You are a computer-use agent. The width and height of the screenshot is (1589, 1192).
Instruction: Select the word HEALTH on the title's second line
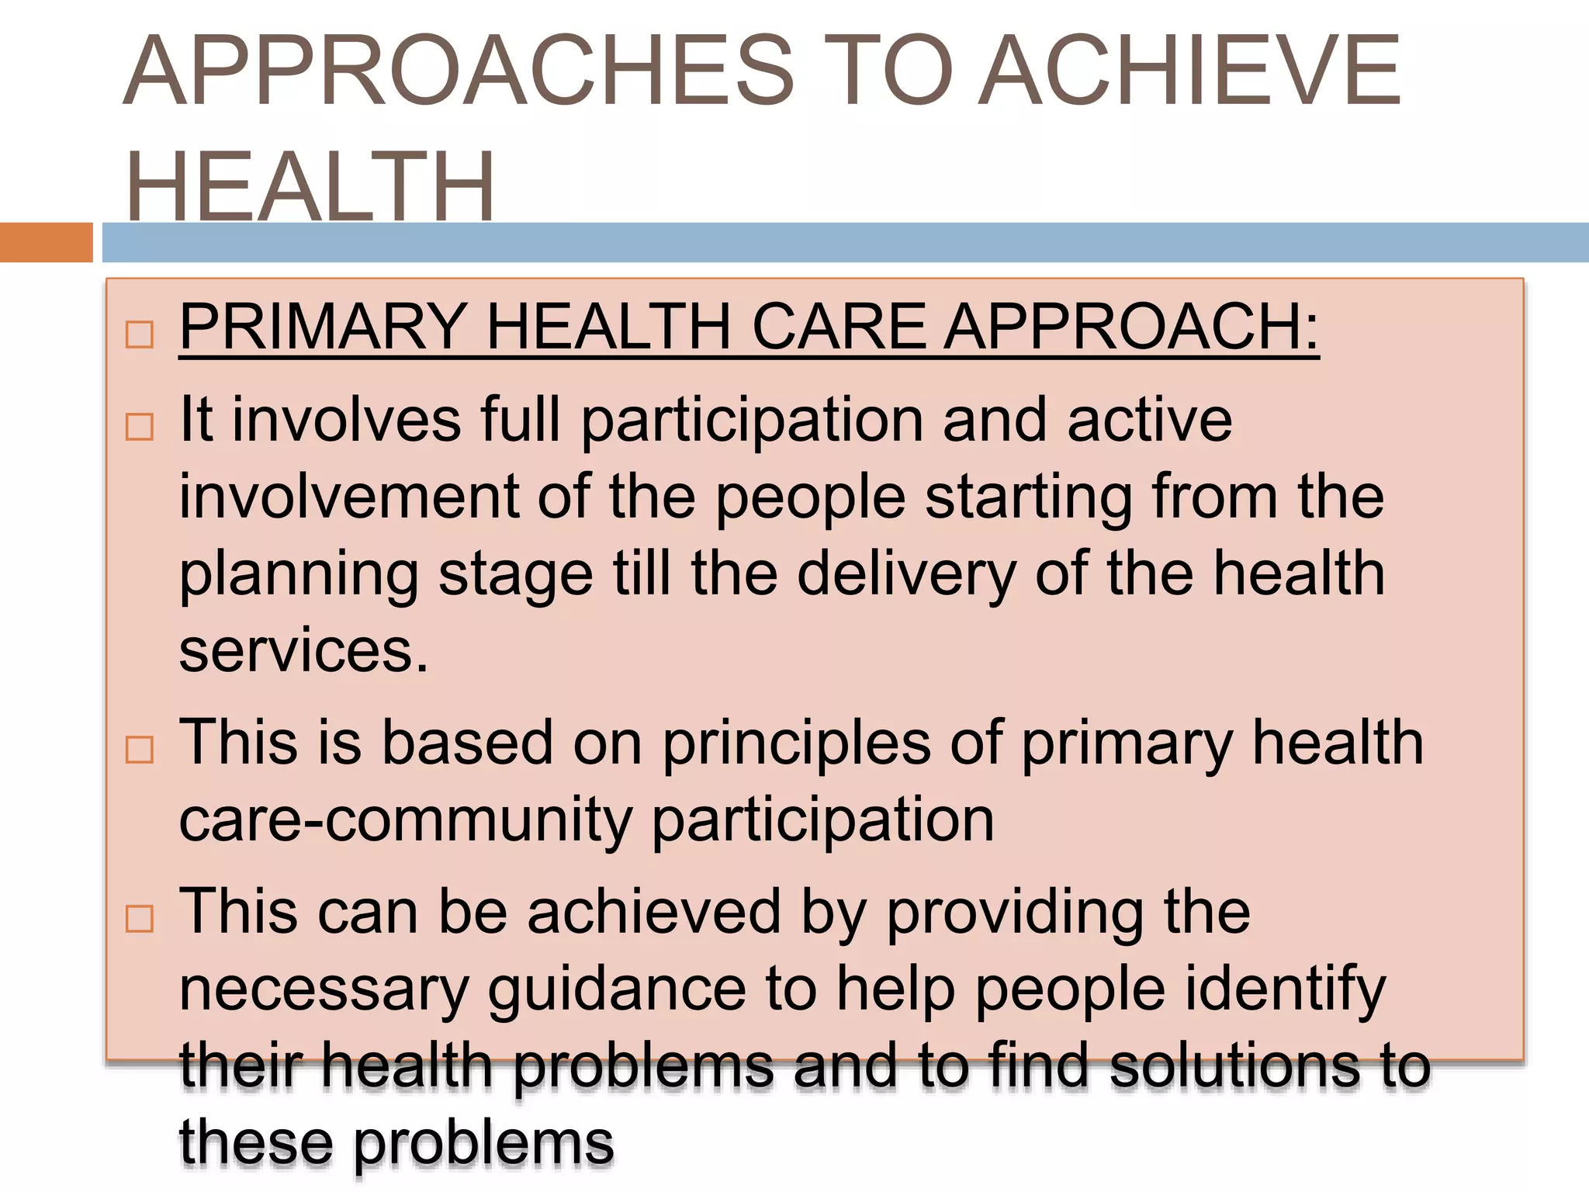pos(310,186)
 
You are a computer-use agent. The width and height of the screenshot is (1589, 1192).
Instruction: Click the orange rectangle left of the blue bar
pos(46,242)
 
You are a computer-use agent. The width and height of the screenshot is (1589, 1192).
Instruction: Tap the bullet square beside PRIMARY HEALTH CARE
pos(140,335)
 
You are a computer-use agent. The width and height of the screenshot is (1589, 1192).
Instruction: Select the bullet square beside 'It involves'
pos(140,427)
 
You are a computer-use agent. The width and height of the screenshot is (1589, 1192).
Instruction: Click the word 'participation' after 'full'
pos(752,421)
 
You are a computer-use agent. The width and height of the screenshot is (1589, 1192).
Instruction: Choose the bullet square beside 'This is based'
pos(140,750)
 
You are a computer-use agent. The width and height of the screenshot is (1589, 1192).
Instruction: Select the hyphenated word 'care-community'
pos(406,820)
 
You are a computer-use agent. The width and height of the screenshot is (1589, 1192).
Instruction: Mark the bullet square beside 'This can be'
pos(140,919)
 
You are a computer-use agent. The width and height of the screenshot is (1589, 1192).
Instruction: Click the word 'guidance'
pos(617,990)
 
